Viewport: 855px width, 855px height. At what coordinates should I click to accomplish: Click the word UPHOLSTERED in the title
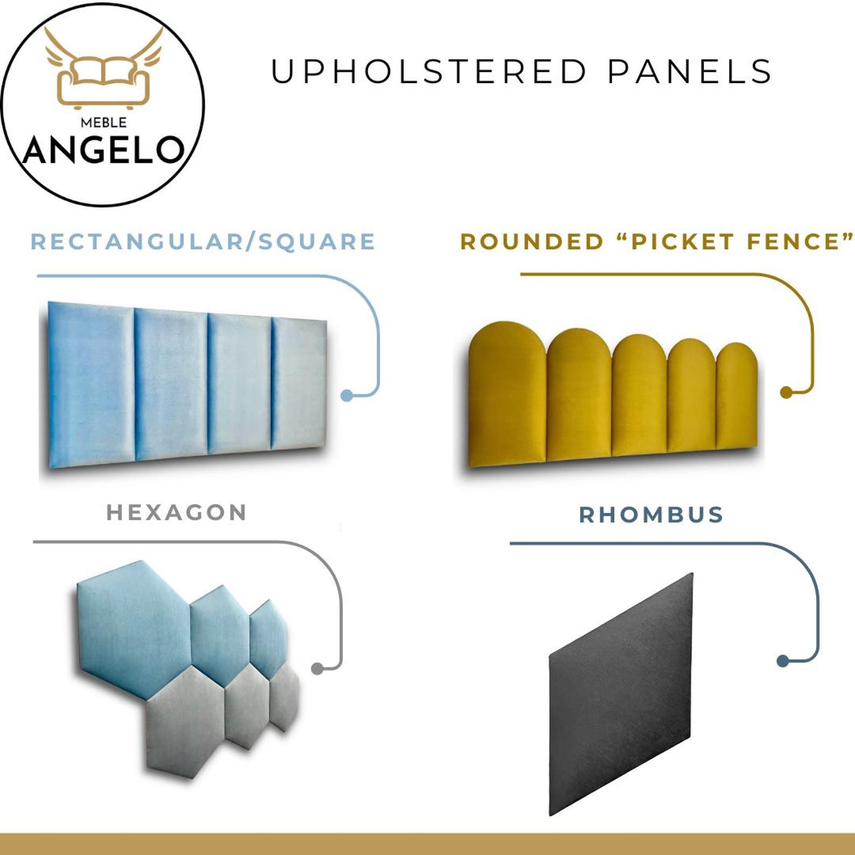(428, 72)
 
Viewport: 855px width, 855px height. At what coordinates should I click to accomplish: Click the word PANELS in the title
(690, 72)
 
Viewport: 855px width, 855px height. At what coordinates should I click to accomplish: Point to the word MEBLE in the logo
(103, 123)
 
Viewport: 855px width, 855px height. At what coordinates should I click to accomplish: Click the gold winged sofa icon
(103, 70)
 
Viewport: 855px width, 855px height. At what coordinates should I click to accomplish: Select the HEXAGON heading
(177, 513)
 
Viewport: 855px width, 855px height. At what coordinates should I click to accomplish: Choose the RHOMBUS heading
(651, 515)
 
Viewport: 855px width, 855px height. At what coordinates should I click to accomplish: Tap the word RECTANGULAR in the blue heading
(137, 242)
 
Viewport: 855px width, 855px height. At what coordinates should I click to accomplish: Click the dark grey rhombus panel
(620, 695)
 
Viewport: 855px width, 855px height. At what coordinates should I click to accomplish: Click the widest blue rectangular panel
(90, 385)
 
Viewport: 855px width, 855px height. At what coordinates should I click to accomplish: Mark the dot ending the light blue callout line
(347, 396)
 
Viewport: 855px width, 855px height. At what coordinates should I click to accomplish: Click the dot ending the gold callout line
(786, 393)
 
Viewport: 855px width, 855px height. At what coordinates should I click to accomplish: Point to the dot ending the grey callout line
(318, 669)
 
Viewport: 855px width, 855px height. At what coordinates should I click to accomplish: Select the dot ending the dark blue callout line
(783, 661)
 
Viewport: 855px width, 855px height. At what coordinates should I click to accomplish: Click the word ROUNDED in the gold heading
(532, 242)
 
